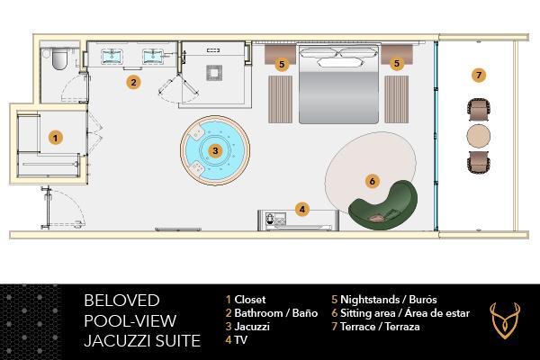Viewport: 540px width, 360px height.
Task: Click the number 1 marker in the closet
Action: (56, 138)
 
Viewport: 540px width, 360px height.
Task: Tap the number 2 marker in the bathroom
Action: (133, 82)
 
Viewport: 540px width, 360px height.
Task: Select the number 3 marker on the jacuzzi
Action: (215, 150)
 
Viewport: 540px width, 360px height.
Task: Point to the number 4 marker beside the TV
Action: (303, 210)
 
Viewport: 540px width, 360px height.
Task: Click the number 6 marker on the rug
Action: (372, 180)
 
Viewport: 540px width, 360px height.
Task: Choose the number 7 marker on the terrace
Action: (479, 74)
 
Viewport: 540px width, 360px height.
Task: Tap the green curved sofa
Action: (396, 202)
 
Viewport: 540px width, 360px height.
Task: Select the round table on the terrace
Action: (479, 137)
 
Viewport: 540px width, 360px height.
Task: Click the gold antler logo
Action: (505, 319)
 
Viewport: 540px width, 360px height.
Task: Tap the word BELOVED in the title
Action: (121, 300)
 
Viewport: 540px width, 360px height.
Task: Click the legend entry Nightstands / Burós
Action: (374, 299)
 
